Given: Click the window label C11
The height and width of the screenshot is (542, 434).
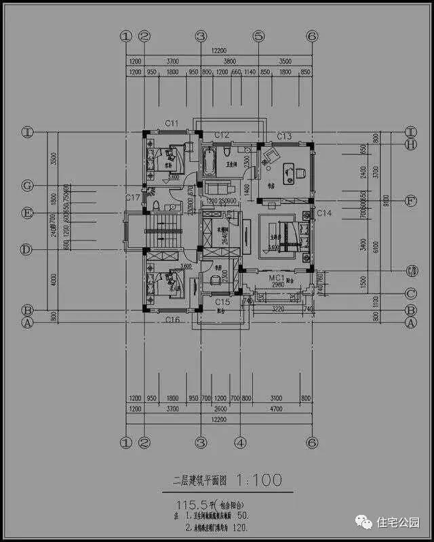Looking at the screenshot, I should click(x=172, y=124).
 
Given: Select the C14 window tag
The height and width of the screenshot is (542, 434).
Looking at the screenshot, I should click(x=324, y=214).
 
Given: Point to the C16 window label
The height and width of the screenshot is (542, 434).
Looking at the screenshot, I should click(x=173, y=319).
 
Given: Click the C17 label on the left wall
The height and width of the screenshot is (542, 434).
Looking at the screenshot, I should click(x=133, y=198).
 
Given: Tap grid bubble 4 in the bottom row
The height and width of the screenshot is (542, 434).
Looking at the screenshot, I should click(x=239, y=443).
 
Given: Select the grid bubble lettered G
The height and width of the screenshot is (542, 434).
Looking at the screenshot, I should click(x=27, y=185).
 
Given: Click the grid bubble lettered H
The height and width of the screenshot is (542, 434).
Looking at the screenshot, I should click(x=410, y=144).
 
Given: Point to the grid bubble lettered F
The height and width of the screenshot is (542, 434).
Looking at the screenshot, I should click(x=410, y=201).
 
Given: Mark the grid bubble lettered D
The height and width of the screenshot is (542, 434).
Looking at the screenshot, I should click(x=27, y=250).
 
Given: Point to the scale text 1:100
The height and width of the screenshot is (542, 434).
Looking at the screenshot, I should click(x=258, y=481).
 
